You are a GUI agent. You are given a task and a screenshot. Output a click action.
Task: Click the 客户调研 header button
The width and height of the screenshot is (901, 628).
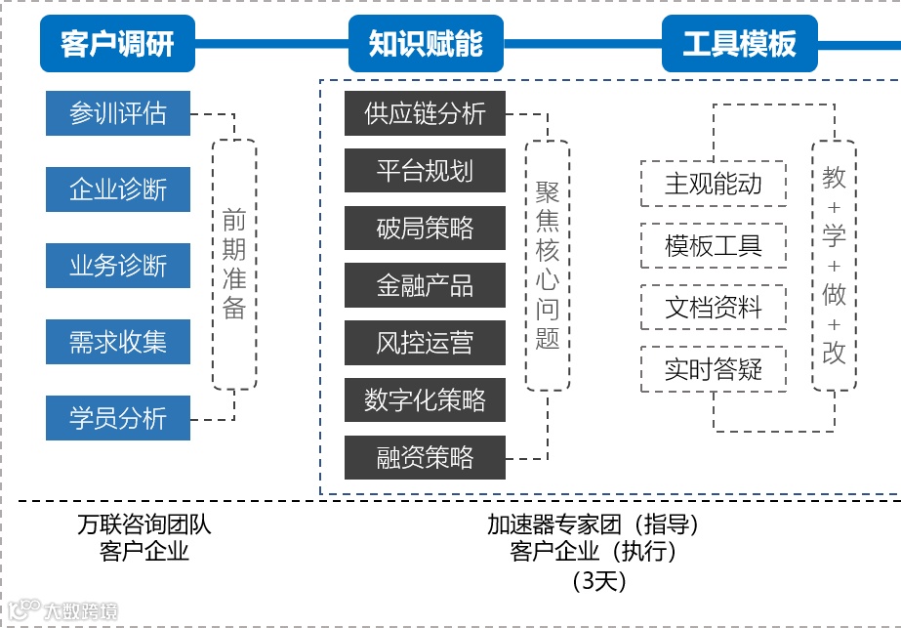pyautogui.click(x=117, y=44)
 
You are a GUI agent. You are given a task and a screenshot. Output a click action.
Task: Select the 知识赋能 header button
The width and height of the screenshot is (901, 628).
pyautogui.click(x=426, y=44)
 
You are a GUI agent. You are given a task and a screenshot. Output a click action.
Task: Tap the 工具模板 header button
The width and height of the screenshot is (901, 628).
pyautogui.click(x=739, y=44)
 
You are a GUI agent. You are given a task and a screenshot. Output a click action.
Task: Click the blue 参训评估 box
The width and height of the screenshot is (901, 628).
pyautogui.click(x=118, y=113)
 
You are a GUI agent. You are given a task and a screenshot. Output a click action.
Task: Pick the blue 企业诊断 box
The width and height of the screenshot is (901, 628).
pyautogui.click(x=118, y=188)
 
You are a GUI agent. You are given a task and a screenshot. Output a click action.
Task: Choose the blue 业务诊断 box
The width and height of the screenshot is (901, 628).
pyautogui.click(x=118, y=265)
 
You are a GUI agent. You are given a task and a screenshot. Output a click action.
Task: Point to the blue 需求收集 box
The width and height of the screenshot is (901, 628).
pyautogui.click(x=118, y=342)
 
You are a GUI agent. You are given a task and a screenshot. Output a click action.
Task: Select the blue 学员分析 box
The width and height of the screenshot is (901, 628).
pyautogui.click(x=118, y=419)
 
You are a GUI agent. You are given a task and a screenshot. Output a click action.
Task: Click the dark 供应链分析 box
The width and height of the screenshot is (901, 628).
pyautogui.click(x=425, y=113)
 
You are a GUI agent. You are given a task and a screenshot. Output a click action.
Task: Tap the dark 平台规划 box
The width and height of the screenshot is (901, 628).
pyautogui.click(x=425, y=171)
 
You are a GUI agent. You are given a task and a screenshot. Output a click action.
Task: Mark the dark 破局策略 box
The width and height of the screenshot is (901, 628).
pyautogui.click(x=425, y=228)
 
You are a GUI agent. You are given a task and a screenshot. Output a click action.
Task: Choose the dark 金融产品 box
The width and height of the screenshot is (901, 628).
pyautogui.click(x=425, y=285)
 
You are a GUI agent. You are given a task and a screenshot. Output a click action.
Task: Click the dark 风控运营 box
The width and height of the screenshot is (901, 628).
pyautogui.click(x=425, y=343)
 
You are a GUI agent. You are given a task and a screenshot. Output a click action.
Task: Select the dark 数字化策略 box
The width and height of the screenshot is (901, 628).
pyautogui.click(x=425, y=399)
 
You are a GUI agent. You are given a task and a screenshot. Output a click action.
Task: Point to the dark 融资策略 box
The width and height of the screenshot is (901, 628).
pyautogui.click(x=425, y=457)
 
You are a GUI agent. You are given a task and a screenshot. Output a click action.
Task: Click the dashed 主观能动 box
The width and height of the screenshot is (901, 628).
pyautogui.click(x=714, y=184)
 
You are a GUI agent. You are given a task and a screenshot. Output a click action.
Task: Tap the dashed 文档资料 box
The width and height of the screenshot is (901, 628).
pyautogui.click(x=714, y=308)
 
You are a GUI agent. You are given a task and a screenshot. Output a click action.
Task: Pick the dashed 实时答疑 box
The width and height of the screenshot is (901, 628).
pyautogui.click(x=714, y=369)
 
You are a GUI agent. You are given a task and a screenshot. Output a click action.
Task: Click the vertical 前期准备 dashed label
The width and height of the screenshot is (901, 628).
pyautogui.click(x=234, y=264)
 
